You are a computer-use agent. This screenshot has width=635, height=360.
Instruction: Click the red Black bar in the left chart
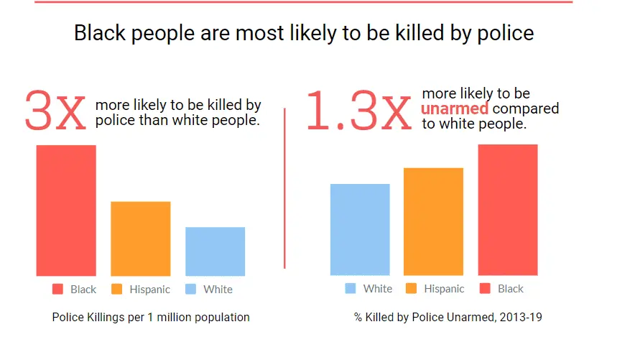click(66, 211)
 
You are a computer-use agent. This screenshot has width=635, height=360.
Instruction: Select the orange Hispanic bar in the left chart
click(140, 239)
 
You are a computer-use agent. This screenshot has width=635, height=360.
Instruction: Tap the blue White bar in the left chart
click(215, 251)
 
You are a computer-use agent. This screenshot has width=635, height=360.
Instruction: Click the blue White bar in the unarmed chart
click(360, 229)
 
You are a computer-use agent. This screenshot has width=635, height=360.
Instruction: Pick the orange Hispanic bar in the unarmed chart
click(433, 221)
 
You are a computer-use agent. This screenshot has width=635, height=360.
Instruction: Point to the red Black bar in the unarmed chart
click(508, 210)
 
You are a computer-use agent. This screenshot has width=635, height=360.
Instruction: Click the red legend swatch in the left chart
click(58, 290)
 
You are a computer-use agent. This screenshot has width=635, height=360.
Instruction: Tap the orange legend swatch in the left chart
click(117, 290)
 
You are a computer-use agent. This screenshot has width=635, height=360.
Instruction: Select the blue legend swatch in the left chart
click(191, 290)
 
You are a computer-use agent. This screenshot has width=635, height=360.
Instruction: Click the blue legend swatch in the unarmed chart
click(351, 289)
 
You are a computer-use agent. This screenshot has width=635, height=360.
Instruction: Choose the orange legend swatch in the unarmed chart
click(412, 289)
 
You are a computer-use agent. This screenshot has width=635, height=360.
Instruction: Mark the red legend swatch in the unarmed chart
click(485, 289)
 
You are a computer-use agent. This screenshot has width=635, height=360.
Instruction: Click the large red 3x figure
click(55, 111)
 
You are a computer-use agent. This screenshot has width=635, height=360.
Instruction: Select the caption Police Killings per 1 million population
click(151, 317)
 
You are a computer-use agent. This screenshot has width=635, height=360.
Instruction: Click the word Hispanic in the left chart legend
click(150, 290)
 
